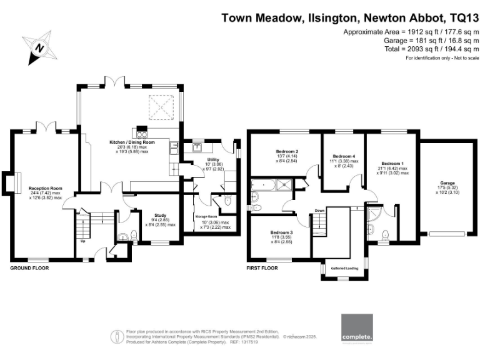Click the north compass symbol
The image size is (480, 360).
(x=39, y=48)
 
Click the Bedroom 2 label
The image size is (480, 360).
(x=287, y=152)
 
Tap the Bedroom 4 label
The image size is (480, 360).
(x=344, y=156)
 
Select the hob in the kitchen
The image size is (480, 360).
(x=141, y=131)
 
